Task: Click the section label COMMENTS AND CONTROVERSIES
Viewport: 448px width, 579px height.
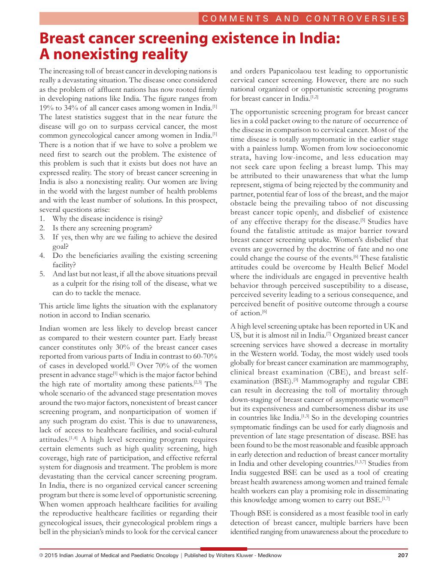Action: point(303,18)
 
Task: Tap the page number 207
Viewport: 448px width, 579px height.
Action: point(403,555)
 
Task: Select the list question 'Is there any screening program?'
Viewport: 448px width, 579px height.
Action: point(102,228)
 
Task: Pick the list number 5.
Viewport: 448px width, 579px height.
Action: point(42,274)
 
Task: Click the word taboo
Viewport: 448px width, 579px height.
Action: point(338,203)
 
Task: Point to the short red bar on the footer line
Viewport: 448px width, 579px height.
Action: point(224,549)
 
